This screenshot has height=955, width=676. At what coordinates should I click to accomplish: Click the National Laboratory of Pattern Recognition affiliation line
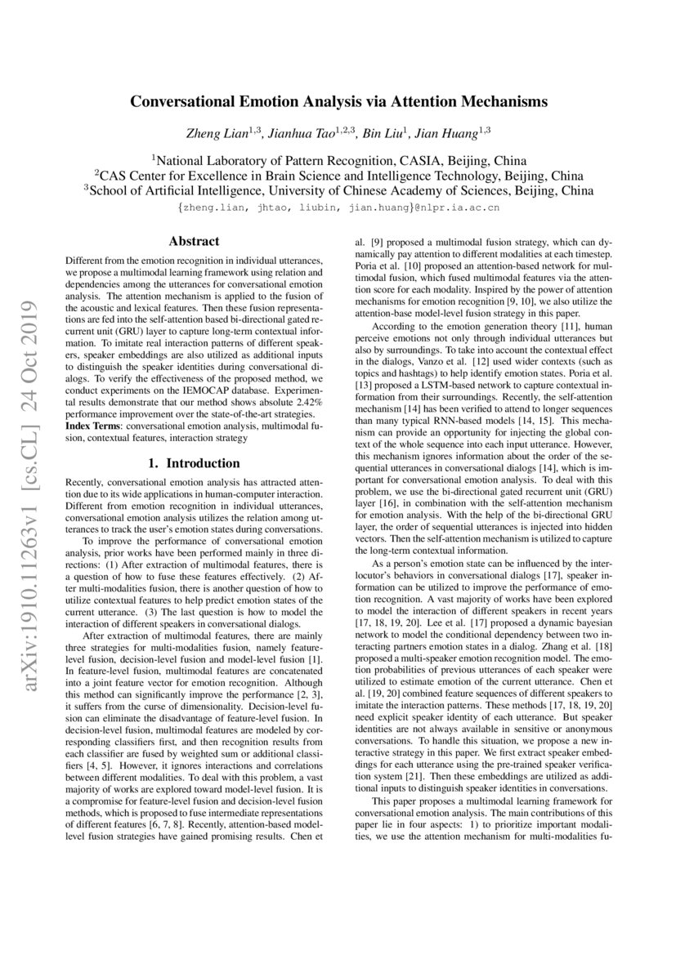click(338, 160)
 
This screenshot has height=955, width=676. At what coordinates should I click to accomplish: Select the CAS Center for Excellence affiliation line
click(338, 176)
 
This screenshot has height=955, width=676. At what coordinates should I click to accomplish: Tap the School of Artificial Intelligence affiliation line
click(338, 191)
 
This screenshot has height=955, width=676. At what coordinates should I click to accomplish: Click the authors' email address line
click(338, 208)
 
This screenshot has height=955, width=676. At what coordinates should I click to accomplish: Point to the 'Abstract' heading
click(193, 241)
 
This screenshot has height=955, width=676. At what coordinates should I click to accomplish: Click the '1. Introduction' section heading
click(193, 463)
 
